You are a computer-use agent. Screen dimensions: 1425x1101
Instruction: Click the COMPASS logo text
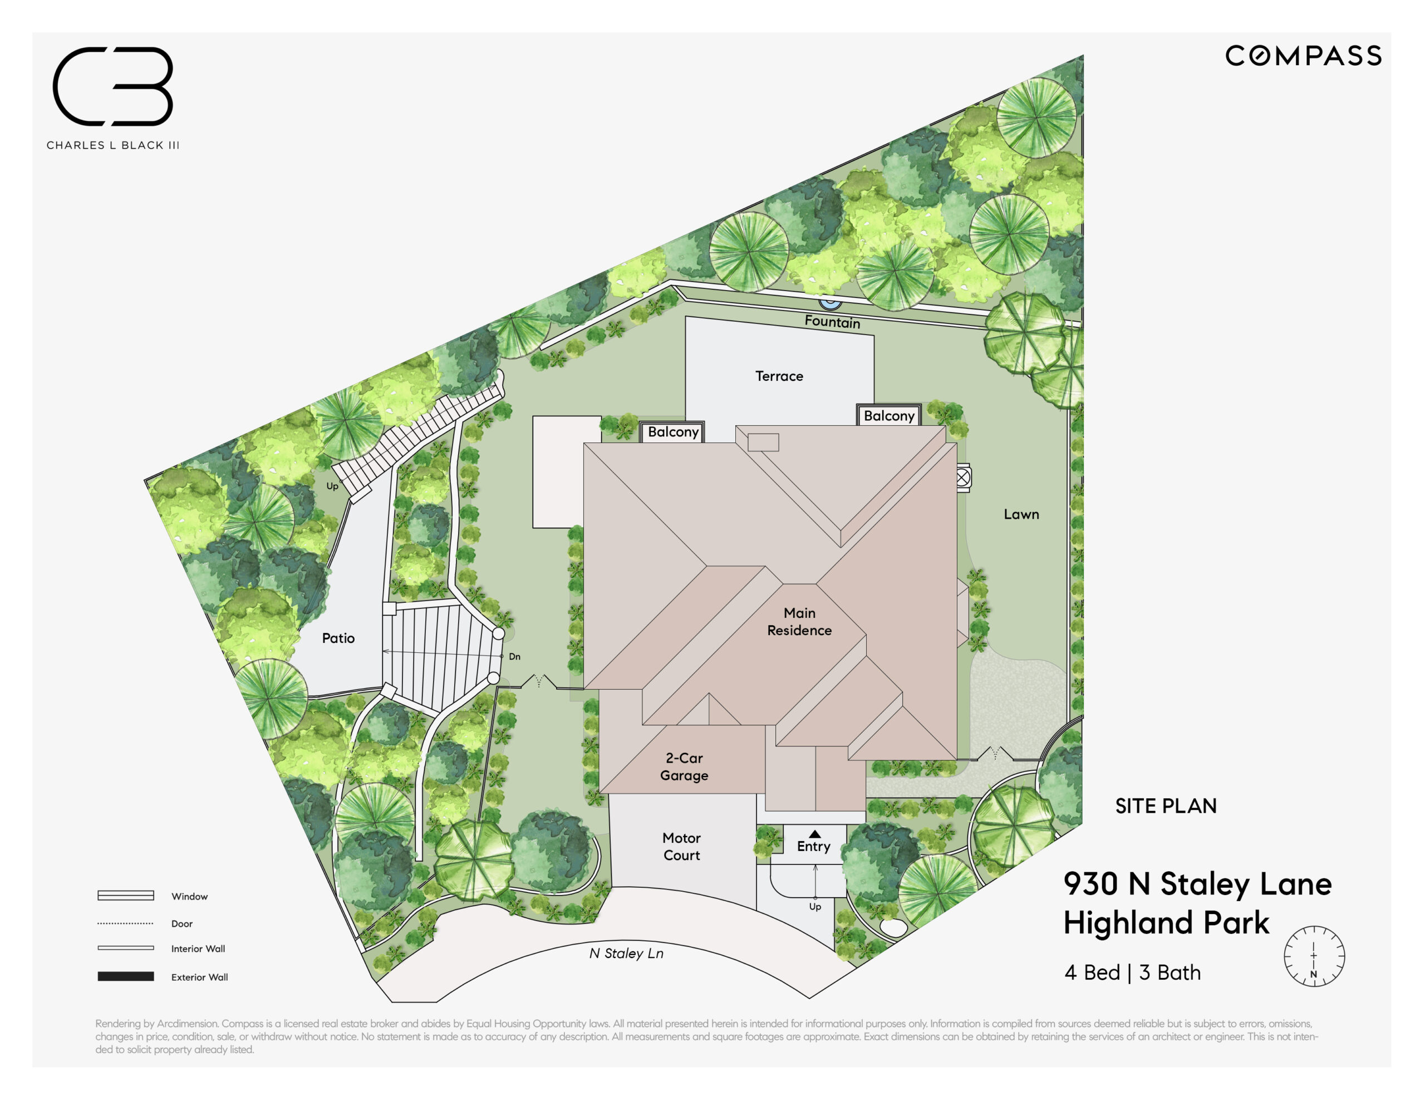[1303, 56]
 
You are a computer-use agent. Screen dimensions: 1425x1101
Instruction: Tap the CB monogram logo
[113, 86]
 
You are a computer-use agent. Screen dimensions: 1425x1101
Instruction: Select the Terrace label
[779, 376]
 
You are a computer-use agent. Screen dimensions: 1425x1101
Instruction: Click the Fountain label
[832, 321]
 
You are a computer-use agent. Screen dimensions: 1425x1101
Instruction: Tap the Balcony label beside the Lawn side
[888, 416]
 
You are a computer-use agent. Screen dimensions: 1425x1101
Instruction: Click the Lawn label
[1021, 514]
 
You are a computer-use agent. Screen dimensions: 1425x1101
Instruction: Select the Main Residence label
[799, 621]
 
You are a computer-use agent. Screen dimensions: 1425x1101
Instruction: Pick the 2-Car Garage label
[684, 766]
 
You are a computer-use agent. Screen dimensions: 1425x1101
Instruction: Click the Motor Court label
[681, 847]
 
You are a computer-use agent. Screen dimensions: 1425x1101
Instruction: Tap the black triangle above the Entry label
[814, 833]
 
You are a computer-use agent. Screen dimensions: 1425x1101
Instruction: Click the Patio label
[338, 638]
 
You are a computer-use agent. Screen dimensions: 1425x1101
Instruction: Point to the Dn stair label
[515, 657]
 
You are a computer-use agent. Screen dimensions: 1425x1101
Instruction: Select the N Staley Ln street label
[626, 953]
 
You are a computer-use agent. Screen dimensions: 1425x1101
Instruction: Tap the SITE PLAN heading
[1166, 806]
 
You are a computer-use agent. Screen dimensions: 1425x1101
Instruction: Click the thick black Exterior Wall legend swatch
[126, 976]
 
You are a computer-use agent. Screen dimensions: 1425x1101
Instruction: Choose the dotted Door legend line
[125, 923]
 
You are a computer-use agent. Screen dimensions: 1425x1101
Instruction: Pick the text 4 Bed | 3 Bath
[1132, 972]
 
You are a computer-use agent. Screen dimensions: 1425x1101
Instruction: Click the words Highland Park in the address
[1167, 923]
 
